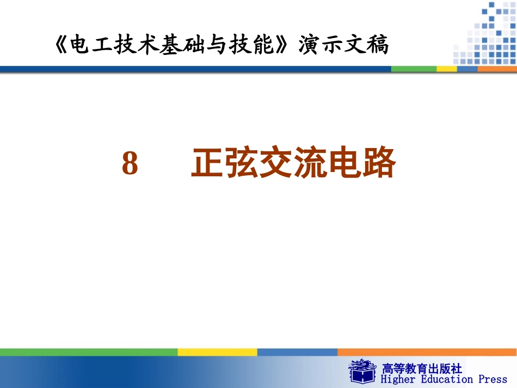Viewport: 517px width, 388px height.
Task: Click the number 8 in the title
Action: tap(130, 164)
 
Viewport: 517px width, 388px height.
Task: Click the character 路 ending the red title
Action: tap(378, 164)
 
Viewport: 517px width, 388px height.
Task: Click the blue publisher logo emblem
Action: tap(362, 371)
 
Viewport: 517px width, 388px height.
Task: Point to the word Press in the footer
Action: tap(493, 379)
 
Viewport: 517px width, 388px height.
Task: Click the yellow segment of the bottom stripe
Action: tap(217, 352)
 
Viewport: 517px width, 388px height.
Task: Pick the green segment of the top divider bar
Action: tap(414, 69)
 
